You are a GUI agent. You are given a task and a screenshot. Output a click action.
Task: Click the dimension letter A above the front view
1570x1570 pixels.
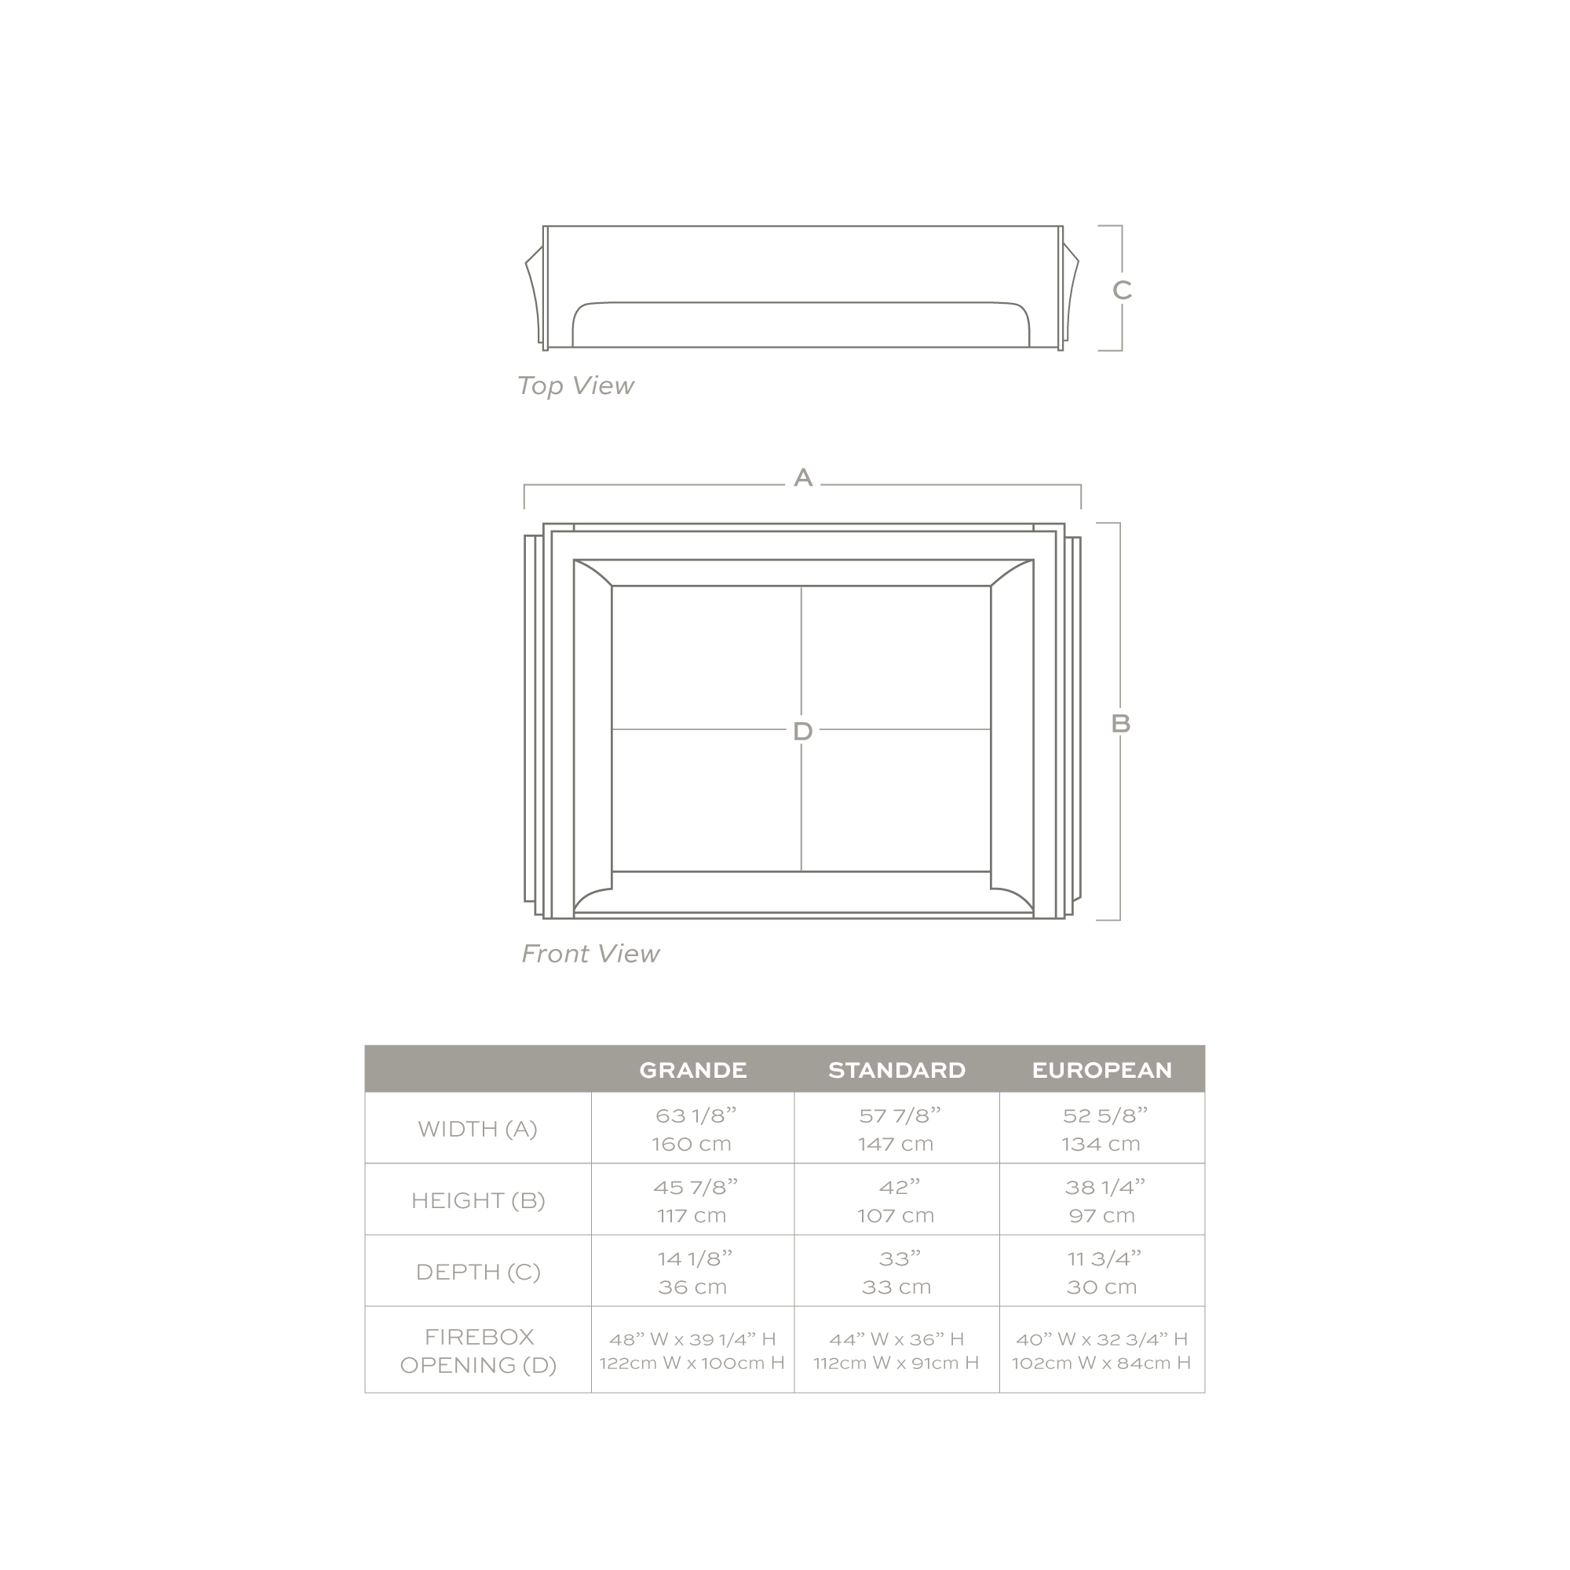pyautogui.click(x=803, y=478)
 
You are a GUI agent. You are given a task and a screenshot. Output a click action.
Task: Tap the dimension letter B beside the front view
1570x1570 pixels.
pyautogui.click(x=1121, y=723)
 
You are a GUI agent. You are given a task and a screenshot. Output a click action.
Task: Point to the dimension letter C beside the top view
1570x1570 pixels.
pyautogui.click(x=1123, y=290)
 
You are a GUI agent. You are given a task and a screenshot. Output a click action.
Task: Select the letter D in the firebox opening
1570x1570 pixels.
pyautogui.click(x=803, y=732)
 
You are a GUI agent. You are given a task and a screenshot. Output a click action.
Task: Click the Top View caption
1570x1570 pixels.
pyautogui.click(x=575, y=385)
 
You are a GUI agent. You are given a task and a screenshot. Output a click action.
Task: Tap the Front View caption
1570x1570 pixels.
pyautogui.click(x=590, y=953)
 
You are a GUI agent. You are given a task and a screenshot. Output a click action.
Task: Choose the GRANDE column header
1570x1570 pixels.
pyautogui.click(x=693, y=1070)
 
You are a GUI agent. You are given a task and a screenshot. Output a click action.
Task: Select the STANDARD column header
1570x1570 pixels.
pyautogui.click(x=897, y=1070)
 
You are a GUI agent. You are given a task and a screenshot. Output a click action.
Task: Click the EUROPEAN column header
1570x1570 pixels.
pyautogui.click(x=1102, y=1070)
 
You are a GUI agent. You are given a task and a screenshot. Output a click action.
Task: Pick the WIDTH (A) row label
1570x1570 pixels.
pyautogui.click(x=478, y=1129)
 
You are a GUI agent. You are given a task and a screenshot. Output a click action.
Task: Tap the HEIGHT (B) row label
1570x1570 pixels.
pyautogui.click(x=478, y=1200)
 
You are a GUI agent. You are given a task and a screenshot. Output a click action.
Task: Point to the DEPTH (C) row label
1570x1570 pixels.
pyautogui.click(x=478, y=1272)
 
